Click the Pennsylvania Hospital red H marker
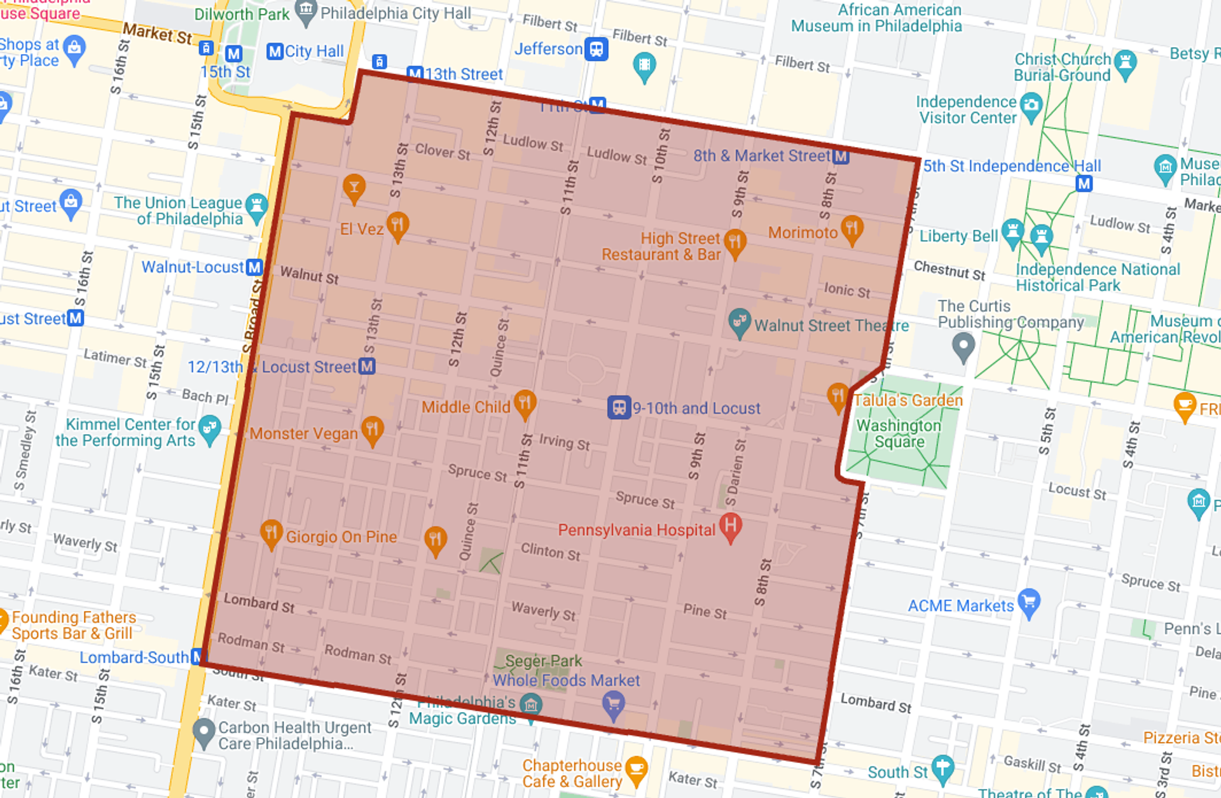pyautogui.click(x=731, y=526)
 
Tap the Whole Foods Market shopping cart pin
pyautogui.click(x=613, y=704)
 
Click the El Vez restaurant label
pyautogui.click(x=361, y=229)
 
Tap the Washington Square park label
pyautogui.click(x=899, y=433)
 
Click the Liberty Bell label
pyautogui.click(x=958, y=236)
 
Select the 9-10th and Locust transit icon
pyautogui.click(x=618, y=407)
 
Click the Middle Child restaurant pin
pyautogui.click(x=525, y=403)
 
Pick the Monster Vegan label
pyautogui.click(x=303, y=433)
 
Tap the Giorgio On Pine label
pyautogui.click(x=341, y=536)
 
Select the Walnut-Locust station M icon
pyautogui.click(x=254, y=267)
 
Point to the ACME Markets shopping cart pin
pyautogui.click(x=1028, y=601)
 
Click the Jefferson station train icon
pyautogui.click(x=597, y=49)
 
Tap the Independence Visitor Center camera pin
pyautogui.click(x=1030, y=105)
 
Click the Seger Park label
pyautogui.click(x=544, y=661)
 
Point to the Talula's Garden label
pyautogui.click(x=907, y=400)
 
